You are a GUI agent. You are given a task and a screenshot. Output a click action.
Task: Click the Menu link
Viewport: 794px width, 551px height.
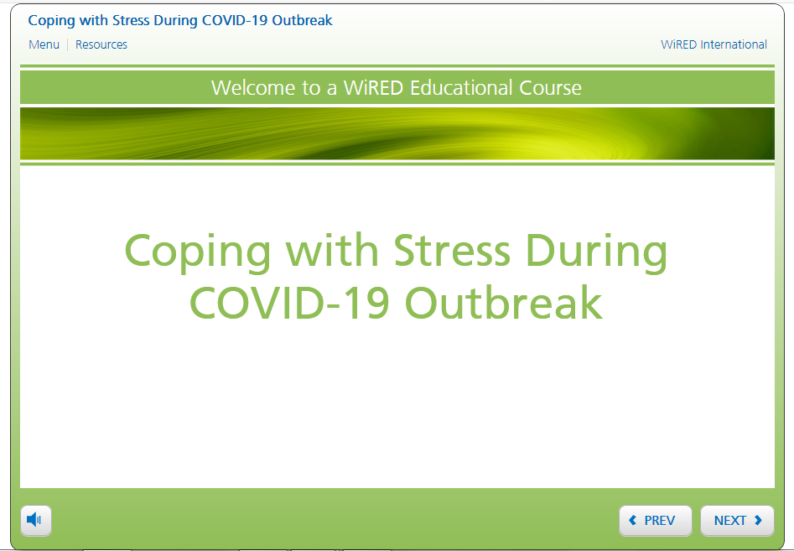(x=44, y=44)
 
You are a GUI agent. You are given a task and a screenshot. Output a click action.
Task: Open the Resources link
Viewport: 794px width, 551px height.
(x=101, y=44)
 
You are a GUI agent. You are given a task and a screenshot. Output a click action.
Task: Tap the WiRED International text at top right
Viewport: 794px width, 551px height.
(x=714, y=44)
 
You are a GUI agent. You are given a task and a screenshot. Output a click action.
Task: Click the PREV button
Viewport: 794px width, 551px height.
(x=656, y=520)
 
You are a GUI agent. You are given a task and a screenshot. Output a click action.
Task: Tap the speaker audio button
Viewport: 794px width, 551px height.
(x=36, y=520)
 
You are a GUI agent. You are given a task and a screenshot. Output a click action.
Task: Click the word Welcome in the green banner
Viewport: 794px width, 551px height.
(x=254, y=87)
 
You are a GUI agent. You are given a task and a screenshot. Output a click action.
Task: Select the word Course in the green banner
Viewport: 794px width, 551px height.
(x=550, y=87)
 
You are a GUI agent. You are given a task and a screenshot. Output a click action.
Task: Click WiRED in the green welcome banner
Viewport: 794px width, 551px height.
(x=374, y=87)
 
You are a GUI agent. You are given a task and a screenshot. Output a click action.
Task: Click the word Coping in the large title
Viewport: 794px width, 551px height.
(x=198, y=252)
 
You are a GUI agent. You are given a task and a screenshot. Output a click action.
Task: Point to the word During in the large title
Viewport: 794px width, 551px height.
(x=596, y=252)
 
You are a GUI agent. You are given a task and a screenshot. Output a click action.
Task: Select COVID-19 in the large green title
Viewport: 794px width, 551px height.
(x=289, y=303)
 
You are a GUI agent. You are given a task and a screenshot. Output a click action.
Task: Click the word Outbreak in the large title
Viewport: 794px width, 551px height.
(x=504, y=303)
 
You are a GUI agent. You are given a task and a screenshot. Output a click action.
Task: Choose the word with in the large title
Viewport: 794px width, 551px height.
(x=332, y=249)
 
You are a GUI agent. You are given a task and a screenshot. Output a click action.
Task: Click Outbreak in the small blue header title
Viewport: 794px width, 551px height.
(x=303, y=20)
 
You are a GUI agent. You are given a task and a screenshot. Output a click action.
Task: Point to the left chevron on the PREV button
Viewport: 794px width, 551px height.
(x=632, y=520)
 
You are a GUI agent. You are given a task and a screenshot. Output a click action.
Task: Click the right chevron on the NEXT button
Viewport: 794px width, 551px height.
(x=758, y=520)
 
